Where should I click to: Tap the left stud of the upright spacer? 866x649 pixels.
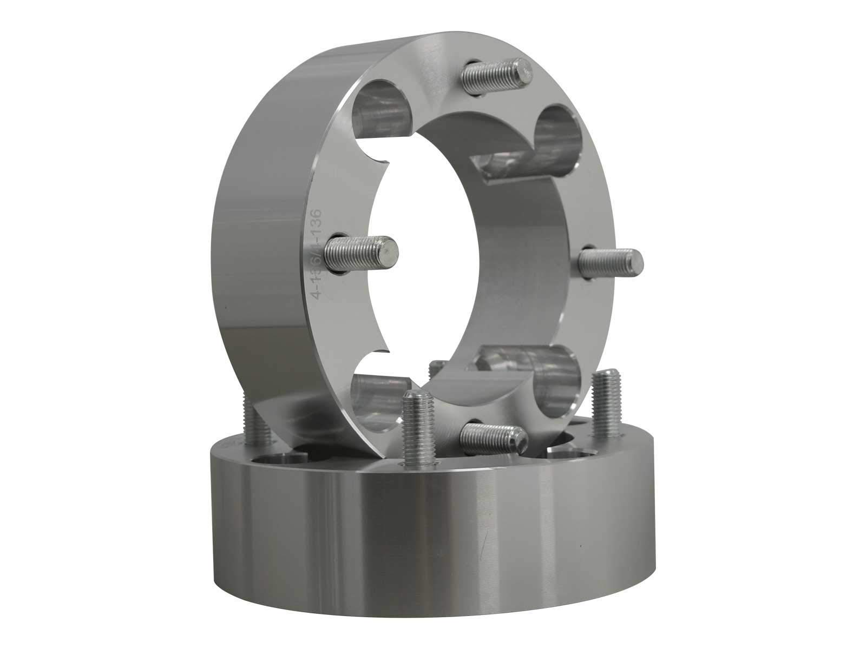pos(362,253)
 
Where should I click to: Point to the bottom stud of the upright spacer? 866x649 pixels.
pos(493,433)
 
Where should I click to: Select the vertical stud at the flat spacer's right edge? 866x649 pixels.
pos(606,403)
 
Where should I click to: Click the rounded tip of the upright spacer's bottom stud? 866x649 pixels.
pos(520,438)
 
